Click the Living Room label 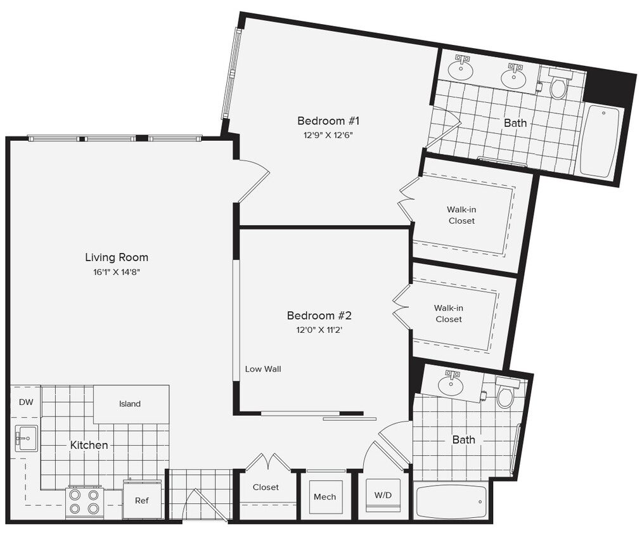click(x=117, y=257)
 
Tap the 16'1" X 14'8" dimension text click(x=117, y=272)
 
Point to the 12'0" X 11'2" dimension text click(x=319, y=330)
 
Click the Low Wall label click(x=263, y=369)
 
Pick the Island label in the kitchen click(x=130, y=404)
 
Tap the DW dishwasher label click(x=25, y=402)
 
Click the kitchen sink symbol click(x=26, y=438)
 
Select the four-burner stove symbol click(x=85, y=501)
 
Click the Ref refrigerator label click(x=142, y=501)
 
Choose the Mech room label click(x=324, y=497)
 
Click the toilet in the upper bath click(x=558, y=86)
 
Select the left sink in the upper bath click(x=463, y=70)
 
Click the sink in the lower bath click(x=451, y=385)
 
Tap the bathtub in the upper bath click(x=600, y=141)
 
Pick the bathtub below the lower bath click(x=451, y=502)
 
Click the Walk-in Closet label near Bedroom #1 click(x=461, y=215)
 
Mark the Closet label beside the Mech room click(x=266, y=487)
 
